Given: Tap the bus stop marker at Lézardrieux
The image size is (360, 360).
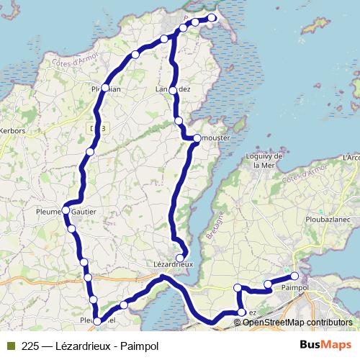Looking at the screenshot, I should [179, 257].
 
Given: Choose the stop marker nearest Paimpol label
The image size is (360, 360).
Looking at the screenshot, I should [294, 276].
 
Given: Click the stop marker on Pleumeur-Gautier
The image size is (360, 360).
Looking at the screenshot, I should [66, 210].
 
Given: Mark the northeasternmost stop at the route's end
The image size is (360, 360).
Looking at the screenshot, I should [212, 18].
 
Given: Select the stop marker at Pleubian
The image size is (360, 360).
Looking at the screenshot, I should [105, 88].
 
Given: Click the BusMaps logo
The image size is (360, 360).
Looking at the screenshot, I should [328, 346].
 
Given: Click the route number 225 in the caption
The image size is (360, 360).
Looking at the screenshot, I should [30, 346].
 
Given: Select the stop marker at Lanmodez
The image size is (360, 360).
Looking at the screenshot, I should [173, 89].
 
